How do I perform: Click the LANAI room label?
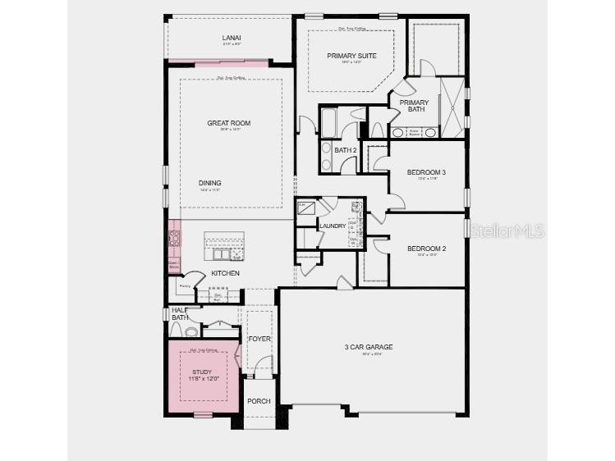point(230,38)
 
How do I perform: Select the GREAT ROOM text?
point(228,123)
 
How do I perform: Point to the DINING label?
point(209,183)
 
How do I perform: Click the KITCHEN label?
point(225,272)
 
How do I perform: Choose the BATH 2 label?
point(346,149)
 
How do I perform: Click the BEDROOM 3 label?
point(426,172)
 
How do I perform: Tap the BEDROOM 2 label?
point(426,249)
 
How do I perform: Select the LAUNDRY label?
point(333,226)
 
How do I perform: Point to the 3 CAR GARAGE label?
point(368,347)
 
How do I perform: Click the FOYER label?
point(259,338)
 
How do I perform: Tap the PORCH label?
point(259,401)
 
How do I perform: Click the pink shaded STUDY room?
point(202,377)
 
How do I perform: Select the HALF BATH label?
point(180,313)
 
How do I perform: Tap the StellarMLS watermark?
point(507,231)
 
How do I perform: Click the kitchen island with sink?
point(224,243)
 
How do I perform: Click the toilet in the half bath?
point(190,332)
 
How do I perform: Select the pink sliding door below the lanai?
point(218,62)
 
